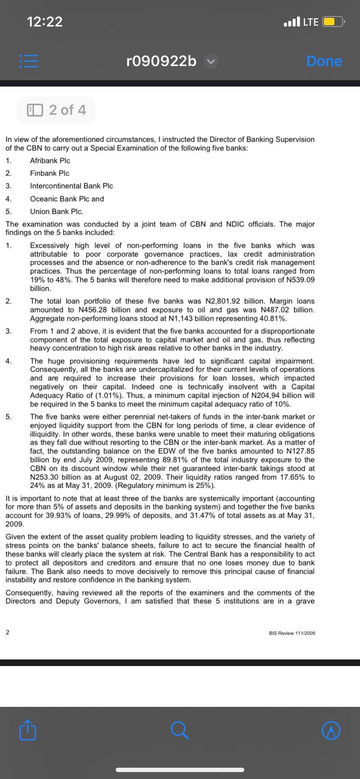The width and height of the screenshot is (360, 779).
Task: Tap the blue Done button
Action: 324,61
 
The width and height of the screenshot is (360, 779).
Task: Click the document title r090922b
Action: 161,61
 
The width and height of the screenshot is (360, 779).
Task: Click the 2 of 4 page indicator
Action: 56,110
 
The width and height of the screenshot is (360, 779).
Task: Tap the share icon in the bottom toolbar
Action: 28,730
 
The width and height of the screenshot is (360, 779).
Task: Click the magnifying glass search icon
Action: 180,730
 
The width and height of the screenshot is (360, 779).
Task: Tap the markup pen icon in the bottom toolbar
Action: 331,730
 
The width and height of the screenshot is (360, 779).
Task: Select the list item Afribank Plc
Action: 50,160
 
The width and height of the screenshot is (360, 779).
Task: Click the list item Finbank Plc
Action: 50,173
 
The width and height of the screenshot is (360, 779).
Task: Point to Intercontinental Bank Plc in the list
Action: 71,186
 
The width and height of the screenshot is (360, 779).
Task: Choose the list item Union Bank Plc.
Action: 57,212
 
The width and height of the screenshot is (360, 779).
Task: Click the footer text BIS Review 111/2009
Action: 292,633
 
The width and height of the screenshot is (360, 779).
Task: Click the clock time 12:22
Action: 45,21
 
